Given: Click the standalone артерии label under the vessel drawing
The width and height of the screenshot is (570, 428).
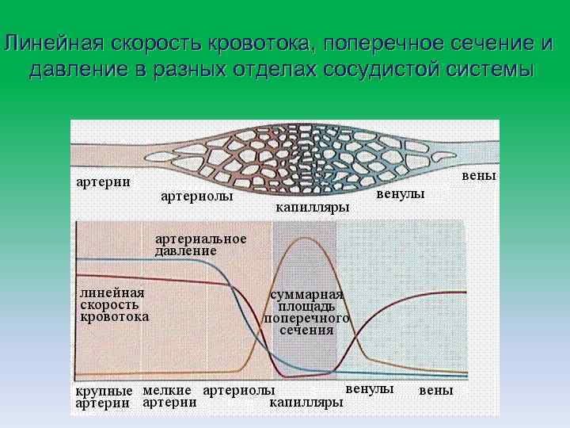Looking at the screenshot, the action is (103, 182).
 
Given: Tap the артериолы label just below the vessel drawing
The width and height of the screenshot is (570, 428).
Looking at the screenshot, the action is (196, 197).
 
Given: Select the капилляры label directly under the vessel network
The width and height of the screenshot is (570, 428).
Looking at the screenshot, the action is (312, 208).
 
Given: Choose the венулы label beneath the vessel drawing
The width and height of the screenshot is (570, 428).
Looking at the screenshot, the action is (400, 193).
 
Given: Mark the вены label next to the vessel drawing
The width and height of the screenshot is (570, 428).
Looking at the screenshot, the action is (479, 175).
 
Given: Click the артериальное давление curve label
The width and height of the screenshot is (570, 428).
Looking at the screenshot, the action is (200, 245).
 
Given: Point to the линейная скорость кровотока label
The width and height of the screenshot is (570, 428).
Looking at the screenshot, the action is (114, 304).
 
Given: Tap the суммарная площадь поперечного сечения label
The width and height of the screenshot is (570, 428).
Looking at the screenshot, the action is (306, 312).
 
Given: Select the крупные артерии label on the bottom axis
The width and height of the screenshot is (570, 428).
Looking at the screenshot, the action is (104, 397).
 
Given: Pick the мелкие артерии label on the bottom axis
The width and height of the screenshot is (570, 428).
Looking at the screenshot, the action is (169, 396).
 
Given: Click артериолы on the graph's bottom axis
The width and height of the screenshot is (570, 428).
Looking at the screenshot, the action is (239, 391).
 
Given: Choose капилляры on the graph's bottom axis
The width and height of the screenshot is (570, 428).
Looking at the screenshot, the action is (306, 403).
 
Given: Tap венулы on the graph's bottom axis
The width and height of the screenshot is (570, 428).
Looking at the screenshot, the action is (370, 389).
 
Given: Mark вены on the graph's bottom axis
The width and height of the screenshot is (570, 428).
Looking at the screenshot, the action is (436, 391).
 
